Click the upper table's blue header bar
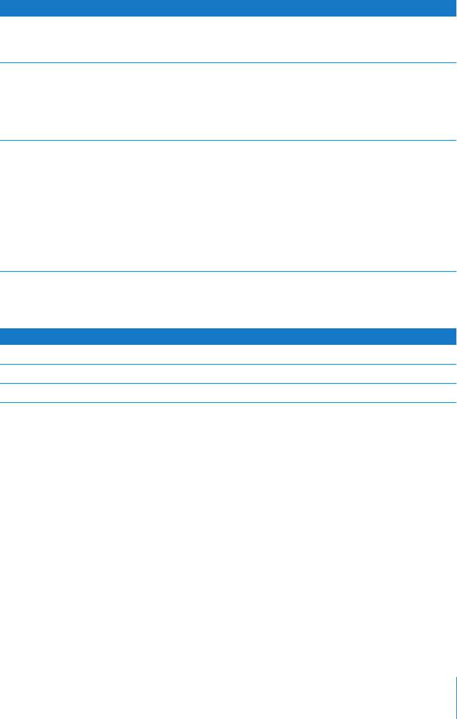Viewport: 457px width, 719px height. pyautogui.click(x=228, y=8)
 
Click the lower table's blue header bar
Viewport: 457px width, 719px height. pyautogui.click(x=228, y=336)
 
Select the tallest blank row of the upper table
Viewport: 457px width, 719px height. pyautogui.click(x=228, y=206)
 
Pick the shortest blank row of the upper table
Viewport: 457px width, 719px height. pyautogui.click(x=228, y=39)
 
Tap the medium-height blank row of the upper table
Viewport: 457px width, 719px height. pyautogui.click(x=228, y=101)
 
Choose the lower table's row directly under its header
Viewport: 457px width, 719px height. pyautogui.click(x=228, y=354)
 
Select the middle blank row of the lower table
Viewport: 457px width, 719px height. pyautogui.click(x=228, y=373)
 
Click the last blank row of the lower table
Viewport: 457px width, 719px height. pyautogui.click(x=228, y=393)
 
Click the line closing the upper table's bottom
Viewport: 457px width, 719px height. pyautogui.click(x=228, y=272)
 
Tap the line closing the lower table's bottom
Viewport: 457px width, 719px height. pyautogui.click(x=228, y=402)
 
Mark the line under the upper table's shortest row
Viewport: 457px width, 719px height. pyautogui.click(x=228, y=62)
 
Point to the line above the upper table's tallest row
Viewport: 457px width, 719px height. pyautogui.click(x=228, y=141)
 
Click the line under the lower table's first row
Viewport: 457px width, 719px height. pyautogui.click(x=228, y=364)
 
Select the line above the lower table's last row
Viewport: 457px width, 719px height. pyautogui.click(x=228, y=383)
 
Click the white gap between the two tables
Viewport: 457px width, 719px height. pyautogui.click(x=228, y=300)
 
